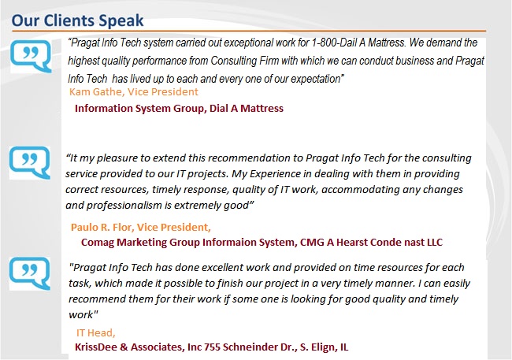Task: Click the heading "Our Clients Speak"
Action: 77,20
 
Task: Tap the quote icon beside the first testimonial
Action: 31,56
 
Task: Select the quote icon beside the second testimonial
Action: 30,162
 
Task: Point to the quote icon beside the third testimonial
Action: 30,273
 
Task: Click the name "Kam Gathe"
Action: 95,92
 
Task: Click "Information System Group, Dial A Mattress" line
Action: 179,108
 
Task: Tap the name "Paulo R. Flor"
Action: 102,227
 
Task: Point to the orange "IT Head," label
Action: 96,332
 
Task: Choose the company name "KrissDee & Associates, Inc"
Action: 138,347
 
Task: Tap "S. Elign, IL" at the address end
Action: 324,347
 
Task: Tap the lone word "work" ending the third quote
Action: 80,314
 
